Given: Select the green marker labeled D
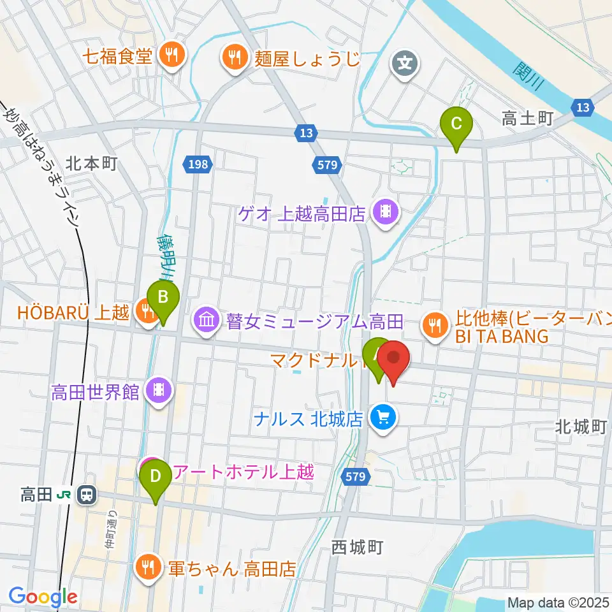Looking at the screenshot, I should tap(155, 476).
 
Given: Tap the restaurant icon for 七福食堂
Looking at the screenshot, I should tap(171, 55).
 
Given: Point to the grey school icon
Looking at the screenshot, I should tap(404, 63).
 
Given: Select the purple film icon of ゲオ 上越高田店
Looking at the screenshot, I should tap(385, 210).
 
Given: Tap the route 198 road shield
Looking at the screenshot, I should tap(198, 165).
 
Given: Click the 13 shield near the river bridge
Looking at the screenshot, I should tap(583, 108).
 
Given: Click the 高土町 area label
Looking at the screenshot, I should tap(526, 118).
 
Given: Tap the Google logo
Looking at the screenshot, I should tap(43, 597).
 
